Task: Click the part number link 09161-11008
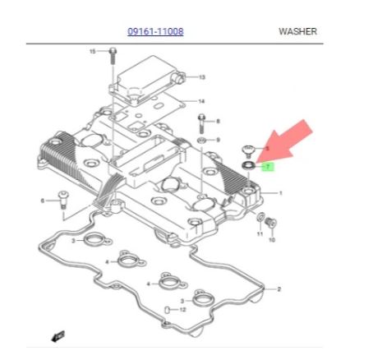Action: pyautogui.click(x=155, y=31)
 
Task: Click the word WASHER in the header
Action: pyautogui.click(x=297, y=31)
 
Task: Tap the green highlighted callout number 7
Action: pyautogui.click(x=268, y=167)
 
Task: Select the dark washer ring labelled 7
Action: pyautogui.click(x=248, y=165)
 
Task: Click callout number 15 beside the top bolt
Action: pyautogui.click(x=93, y=51)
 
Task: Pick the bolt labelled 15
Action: pyautogui.click(x=113, y=56)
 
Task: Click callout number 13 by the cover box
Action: pyautogui.click(x=201, y=77)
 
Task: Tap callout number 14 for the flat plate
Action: pyautogui.click(x=201, y=102)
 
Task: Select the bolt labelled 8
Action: pyautogui.click(x=201, y=123)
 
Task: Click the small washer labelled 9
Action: pyautogui.click(x=201, y=141)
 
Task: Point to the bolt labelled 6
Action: pyautogui.click(x=63, y=200)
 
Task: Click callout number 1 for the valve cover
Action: pyautogui.click(x=280, y=193)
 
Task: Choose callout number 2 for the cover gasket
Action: pyautogui.click(x=279, y=289)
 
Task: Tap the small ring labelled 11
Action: pyautogui.click(x=260, y=217)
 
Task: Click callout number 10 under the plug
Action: pyautogui.click(x=271, y=240)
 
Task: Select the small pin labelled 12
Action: pyautogui.click(x=166, y=310)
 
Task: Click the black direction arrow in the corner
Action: pyautogui.click(x=58, y=336)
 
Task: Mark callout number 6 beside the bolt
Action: pyautogui.click(x=43, y=201)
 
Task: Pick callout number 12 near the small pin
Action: pyautogui.click(x=182, y=310)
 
